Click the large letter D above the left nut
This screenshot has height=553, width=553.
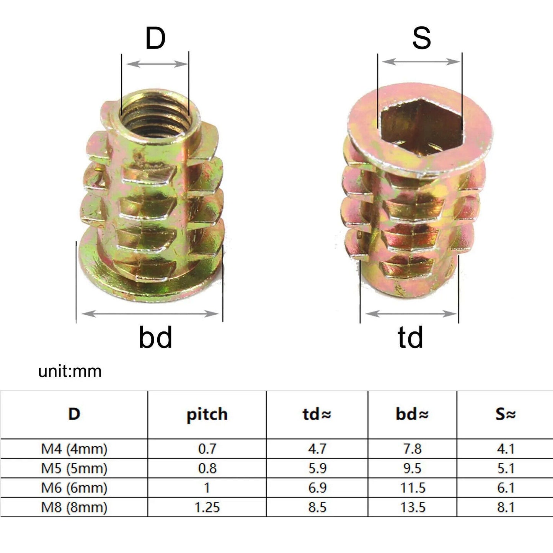pyautogui.click(x=155, y=38)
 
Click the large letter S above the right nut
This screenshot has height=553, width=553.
pyautogui.click(x=421, y=38)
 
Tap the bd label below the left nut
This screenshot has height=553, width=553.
pyautogui.click(x=155, y=337)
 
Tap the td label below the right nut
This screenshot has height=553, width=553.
pyautogui.click(x=410, y=337)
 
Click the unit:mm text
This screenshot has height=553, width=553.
pyautogui.click(x=70, y=371)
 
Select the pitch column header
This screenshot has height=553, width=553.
pyautogui.click(x=207, y=414)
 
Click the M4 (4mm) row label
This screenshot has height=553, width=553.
pyautogui.click(x=74, y=449)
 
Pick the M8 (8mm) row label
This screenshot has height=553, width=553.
pyautogui.click(x=74, y=507)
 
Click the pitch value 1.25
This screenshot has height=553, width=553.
pyautogui.click(x=207, y=507)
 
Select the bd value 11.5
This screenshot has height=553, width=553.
pyautogui.click(x=413, y=488)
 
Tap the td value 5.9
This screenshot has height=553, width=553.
pyautogui.click(x=317, y=468)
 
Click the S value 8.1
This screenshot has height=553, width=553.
pyautogui.click(x=505, y=507)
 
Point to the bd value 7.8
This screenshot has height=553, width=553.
pyautogui.click(x=412, y=449)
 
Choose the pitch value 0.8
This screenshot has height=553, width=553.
pyautogui.click(x=207, y=468)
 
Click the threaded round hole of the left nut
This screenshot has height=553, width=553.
pyautogui.click(x=155, y=115)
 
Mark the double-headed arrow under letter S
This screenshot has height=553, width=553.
pyautogui.click(x=421, y=62)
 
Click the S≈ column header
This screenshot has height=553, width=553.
pyautogui.click(x=505, y=414)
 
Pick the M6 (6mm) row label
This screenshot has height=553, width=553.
pyautogui.click(x=74, y=488)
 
